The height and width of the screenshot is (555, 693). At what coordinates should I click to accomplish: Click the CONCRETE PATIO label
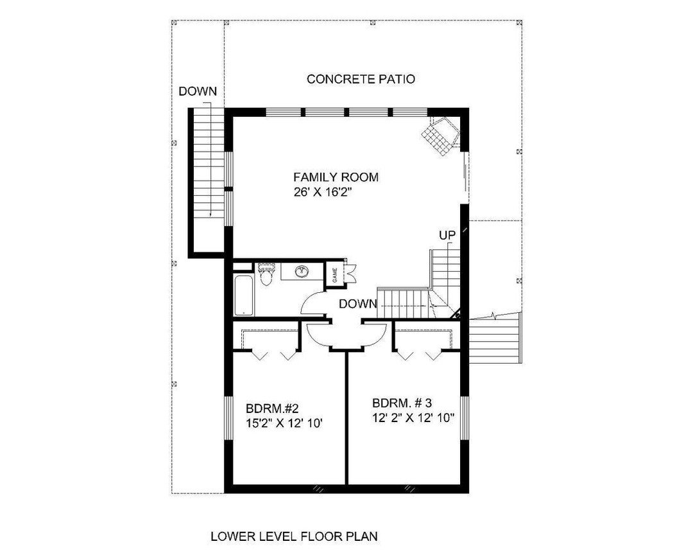361,79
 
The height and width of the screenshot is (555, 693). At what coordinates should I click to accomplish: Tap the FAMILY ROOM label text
336,177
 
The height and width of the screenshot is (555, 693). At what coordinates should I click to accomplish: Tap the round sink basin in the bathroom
301,272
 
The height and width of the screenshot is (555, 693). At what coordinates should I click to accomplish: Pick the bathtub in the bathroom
244,295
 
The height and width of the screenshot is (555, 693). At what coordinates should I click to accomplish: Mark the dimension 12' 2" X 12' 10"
413,418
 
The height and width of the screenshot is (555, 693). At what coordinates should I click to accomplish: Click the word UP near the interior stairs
447,235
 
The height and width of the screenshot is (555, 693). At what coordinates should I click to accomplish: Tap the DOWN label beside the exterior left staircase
198,91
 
